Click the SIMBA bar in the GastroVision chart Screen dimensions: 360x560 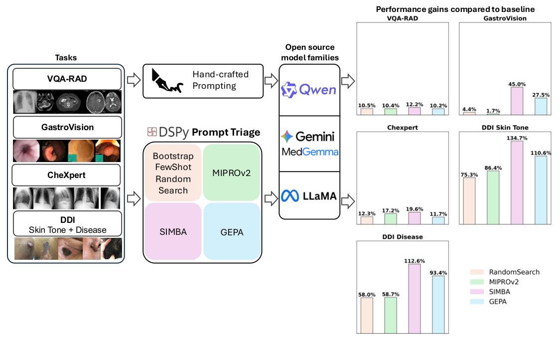(517, 101)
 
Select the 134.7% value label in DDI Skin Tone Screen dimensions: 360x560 (517, 138)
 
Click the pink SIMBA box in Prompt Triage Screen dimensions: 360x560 (172, 231)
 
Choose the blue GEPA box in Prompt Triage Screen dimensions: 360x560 (232, 231)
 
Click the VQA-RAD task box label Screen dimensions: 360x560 (66, 79)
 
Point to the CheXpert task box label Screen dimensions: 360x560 (66, 176)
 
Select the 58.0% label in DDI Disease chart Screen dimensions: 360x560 (366, 295)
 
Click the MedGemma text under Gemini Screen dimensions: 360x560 (310, 151)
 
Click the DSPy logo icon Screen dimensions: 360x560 (151, 132)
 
